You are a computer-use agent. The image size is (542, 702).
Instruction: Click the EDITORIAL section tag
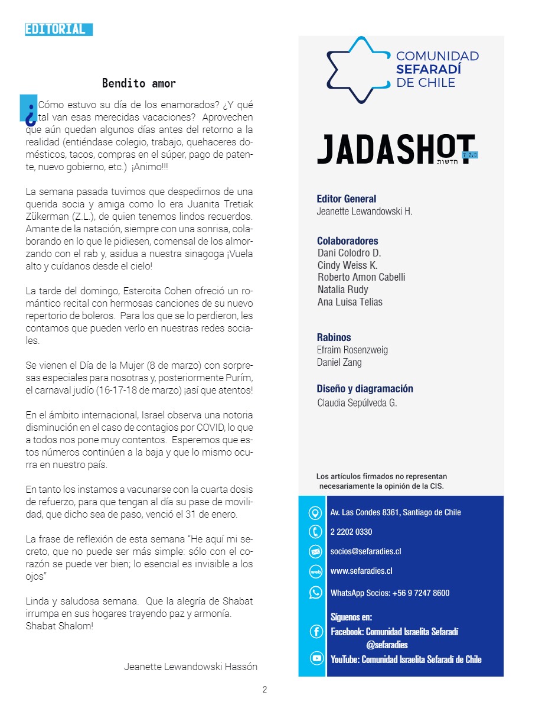[58, 30]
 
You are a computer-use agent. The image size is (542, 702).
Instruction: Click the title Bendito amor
[139, 83]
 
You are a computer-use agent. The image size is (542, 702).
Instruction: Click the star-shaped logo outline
[356, 70]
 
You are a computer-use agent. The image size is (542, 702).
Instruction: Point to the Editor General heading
[347, 199]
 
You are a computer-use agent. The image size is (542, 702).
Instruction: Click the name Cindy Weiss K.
[347, 265]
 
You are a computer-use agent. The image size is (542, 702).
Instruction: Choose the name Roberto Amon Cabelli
[361, 277]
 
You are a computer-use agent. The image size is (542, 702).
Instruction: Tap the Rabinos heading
[334, 337]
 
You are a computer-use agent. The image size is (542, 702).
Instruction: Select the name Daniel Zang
[339, 362]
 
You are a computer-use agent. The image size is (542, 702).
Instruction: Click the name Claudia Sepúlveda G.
[357, 403]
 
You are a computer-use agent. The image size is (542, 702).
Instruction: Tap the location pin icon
[315, 512]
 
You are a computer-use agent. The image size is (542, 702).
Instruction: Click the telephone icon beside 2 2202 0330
[315, 532]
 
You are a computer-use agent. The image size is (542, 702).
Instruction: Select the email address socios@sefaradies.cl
[365, 551]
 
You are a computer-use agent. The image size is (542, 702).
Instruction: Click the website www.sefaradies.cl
[361, 571]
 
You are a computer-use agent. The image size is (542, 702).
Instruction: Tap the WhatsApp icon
[316, 592]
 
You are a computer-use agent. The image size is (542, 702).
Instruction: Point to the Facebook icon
[316, 632]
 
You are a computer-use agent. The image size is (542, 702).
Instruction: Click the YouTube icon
[316, 659]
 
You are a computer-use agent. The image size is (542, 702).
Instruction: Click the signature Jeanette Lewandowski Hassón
[191, 667]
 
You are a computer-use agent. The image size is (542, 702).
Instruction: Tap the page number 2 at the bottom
[265, 689]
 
